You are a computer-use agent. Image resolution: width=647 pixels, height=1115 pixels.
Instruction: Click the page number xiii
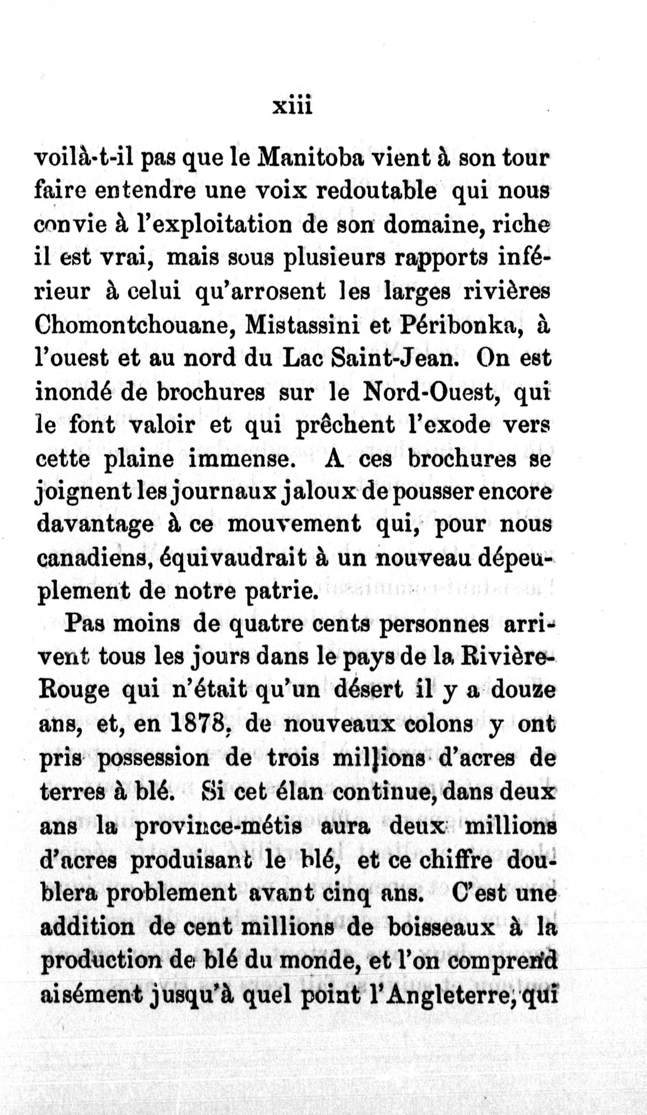(x=293, y=107)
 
